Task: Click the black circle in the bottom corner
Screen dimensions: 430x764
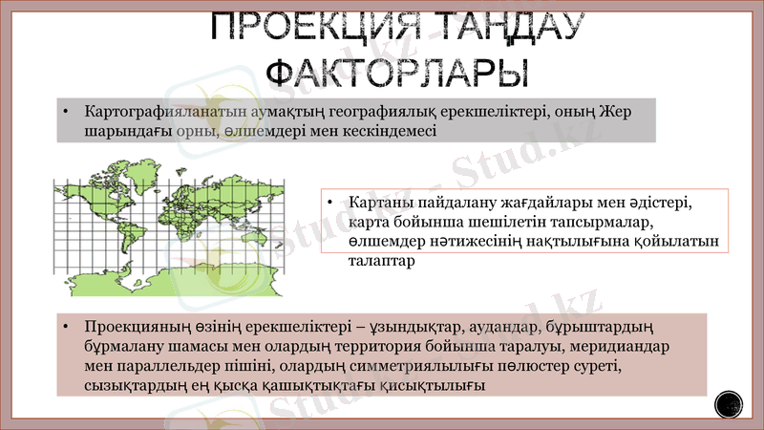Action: pyautogui.click(x=730, y=405)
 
